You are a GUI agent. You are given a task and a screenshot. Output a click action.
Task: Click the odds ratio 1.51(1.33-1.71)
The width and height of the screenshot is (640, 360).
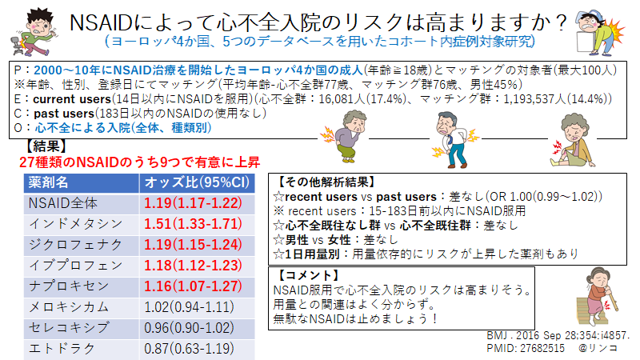click(x=193, y=224)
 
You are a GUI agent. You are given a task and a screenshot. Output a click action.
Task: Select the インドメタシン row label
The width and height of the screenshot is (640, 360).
click(x=75, y=224)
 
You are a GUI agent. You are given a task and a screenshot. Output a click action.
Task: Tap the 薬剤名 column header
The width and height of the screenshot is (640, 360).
click(x=48, y=182)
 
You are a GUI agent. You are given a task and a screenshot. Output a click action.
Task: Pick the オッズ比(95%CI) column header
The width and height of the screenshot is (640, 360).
click(x=197, y=182)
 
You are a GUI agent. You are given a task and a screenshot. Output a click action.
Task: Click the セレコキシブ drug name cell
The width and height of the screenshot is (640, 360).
click(x=69, y=327)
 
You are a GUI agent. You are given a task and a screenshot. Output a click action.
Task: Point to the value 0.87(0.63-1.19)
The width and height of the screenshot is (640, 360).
click(x=189, y=349)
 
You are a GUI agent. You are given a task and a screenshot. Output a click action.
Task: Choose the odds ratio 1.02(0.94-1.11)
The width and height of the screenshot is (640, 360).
click(x=189, y=306)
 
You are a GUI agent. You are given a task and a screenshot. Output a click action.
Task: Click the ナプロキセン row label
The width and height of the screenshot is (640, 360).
click(x=69, y=286)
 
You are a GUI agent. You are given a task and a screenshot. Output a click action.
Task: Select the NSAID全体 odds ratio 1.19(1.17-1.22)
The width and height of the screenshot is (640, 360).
click(x=193, y=203)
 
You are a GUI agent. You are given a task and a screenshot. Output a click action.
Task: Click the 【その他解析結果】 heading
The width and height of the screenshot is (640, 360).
click(x=325, y=182)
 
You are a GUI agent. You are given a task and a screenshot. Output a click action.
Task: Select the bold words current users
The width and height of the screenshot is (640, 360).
click(x=72, y=98)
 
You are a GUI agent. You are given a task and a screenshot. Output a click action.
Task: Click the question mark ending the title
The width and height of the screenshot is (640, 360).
click(x=562, y=22)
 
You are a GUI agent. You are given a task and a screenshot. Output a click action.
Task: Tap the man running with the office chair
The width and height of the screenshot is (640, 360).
click(x=34, y=33)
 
